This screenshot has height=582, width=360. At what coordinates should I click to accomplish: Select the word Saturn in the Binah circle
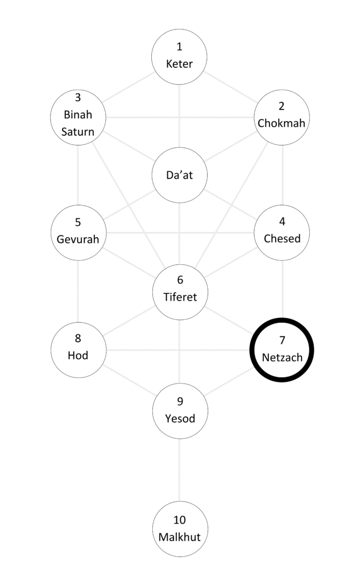tap(78, 133)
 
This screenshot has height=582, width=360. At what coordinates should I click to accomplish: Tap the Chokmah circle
tap(282, 117)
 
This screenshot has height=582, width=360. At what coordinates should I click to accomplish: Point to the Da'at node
tap(179, 175)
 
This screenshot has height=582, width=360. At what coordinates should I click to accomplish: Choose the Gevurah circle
tap(78, 232)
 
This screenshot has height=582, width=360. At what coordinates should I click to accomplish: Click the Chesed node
tap(282, 232)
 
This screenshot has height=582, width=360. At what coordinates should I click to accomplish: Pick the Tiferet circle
tap(180, 290)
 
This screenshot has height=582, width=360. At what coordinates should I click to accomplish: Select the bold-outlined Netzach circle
tap(282, 349)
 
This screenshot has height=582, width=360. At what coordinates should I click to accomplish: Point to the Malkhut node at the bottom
tap(180, 529)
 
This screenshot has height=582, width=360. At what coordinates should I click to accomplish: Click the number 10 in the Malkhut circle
tap(180, 520)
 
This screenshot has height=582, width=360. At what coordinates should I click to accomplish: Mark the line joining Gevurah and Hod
tap(78, 290)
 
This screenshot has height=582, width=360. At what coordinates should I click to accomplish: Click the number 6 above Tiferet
tap(180, 280)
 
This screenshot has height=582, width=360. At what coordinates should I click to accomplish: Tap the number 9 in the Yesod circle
tap(180, 402)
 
